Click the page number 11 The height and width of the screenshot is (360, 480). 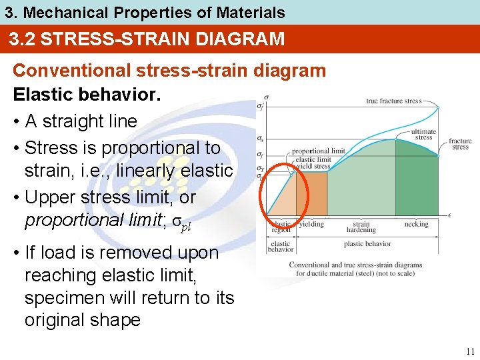pyautogui.click(x=470, y=351)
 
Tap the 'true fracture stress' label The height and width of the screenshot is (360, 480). pyautogui.click(x=394, y=101)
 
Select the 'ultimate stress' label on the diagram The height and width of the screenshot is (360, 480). pyautogui.click(x=423, y=135)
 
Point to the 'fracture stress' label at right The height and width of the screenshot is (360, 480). pyautogui.click(x=460, y=144)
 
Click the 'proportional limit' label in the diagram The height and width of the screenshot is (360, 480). pyautogui.click(x=319, y=151)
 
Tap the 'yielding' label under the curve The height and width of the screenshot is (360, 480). pyautogui.click(x=311, y=225)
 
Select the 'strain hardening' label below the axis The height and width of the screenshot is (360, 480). pyautogui.click(x=361, y=227)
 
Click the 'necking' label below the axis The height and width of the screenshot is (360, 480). pyautogui.click(x=416, y=225)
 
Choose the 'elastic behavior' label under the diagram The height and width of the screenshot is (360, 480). pyautogui.click(x=280, y=247)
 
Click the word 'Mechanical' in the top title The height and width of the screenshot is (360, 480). pyautogui.click(x=69, y=12)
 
